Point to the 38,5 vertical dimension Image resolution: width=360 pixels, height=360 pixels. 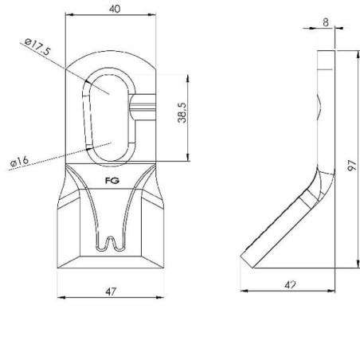click(x=182, y=117)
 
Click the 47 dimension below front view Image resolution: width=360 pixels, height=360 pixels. click(x=111, y=292)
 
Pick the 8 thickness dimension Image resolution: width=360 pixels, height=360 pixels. click(x=327, y=22)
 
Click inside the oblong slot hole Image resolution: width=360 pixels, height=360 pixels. click(x=110, y=112)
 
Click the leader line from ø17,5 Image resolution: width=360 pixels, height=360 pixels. click(x=68, y=69)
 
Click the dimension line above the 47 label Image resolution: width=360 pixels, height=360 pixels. click(x=111, y=299)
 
